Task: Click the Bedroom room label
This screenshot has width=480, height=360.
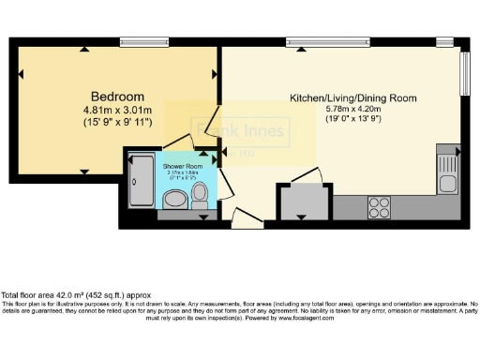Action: pos(117,97)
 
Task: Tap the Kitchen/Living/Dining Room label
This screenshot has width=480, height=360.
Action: pos(352,97)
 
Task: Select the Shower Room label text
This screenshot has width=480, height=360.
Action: pos(183,166)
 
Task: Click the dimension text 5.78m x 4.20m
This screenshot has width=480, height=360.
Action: pos(352,109)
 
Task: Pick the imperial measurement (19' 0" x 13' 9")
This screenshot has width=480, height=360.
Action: pos(352,119)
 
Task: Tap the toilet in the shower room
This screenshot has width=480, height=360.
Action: pos(199,195)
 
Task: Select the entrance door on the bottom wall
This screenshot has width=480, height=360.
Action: pos(245,219)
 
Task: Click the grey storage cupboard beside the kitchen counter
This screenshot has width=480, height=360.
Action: pos(302,202)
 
